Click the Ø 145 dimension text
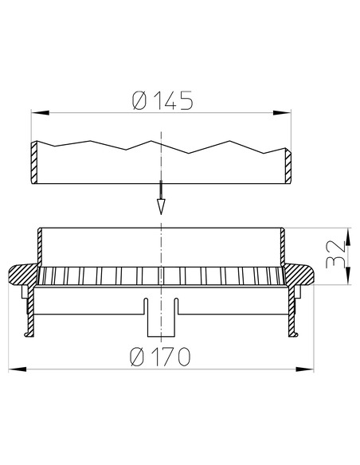click(x=162, y=100)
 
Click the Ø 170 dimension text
click(x=160, y=357)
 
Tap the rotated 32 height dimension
click(x=335, y=254)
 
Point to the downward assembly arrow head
click(x=161, y=207)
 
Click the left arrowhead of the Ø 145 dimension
click(x=40, y=113)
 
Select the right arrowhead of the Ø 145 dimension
click(x=282, y=113)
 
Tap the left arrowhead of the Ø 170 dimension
click(x=18, y=369)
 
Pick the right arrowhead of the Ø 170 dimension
click(x=305, y=369)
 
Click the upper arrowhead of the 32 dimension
click(x=348, y=237)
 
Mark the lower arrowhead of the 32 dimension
click(x=348, y=276)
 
